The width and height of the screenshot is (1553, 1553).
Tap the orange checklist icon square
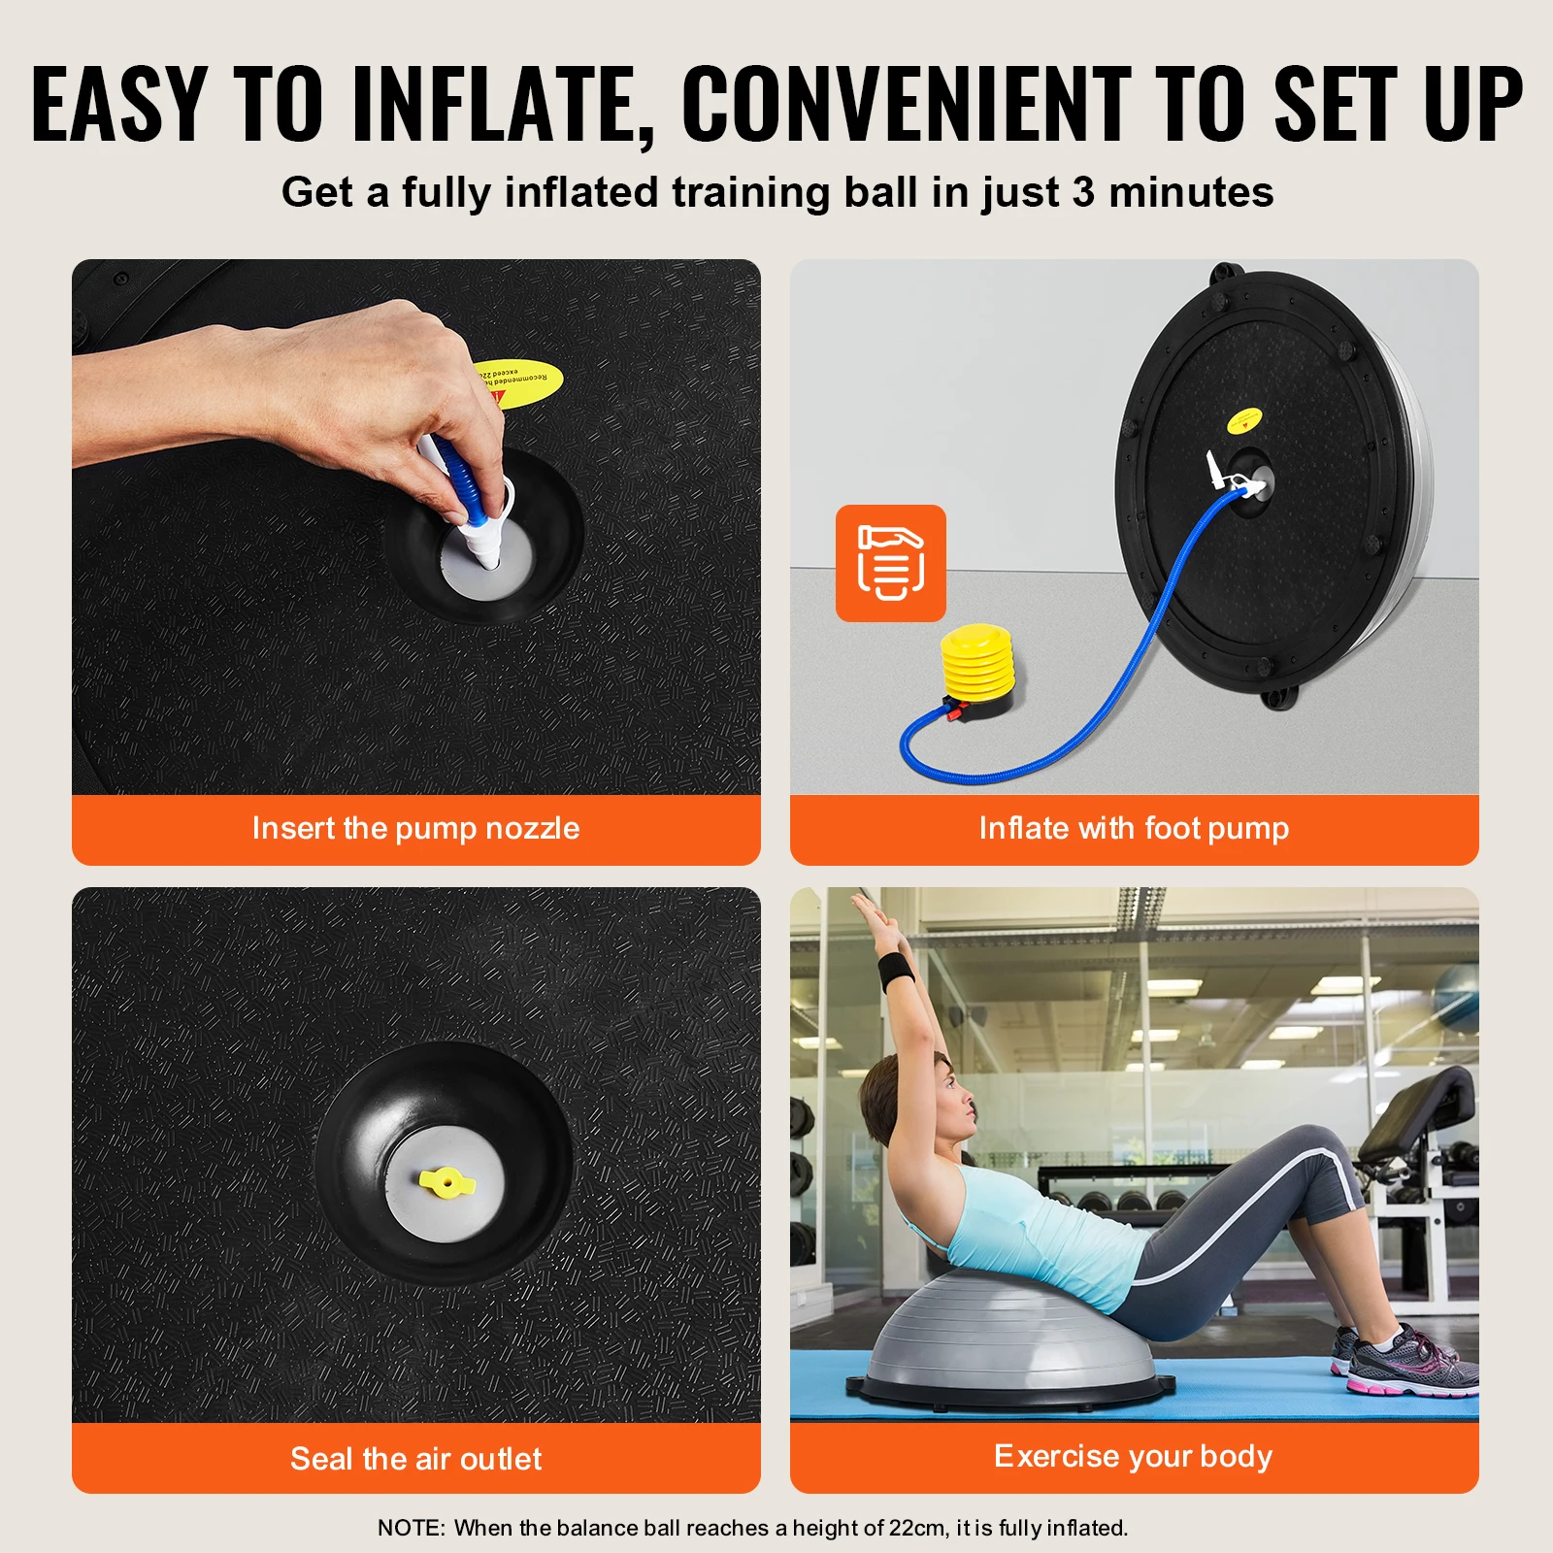(x=890, y=563)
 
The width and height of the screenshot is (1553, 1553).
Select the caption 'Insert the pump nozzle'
(x=415, y=828)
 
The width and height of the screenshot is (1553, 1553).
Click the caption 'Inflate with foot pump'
(x=1133, y=828)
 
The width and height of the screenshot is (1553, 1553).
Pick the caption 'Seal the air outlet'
(x=415, y=1458)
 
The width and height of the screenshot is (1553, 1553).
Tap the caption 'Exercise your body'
(x=1133, y=1456)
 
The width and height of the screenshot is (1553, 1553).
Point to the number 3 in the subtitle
(x=1083, y=192)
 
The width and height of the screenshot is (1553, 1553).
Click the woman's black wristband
(x=894, y=970)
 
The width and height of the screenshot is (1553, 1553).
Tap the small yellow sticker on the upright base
(x=1243, y=420)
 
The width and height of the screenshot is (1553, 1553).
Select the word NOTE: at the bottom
(x=411, y=1528)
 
